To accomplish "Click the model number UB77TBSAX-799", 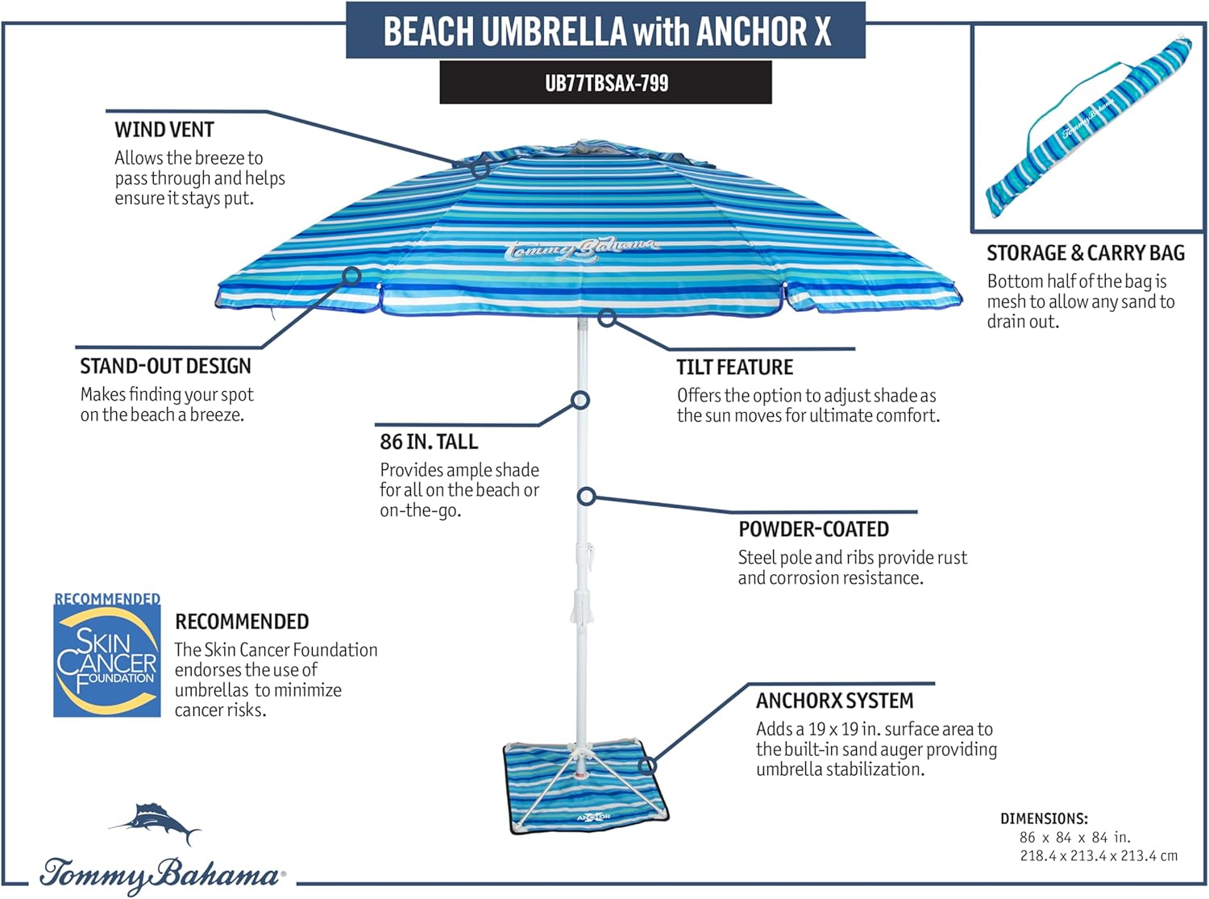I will pyautogui.click(x=606, y=83).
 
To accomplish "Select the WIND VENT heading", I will pyautogui.click(x=164, y=130).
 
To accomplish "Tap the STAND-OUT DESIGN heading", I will pyautogui.click(x=165, y=366).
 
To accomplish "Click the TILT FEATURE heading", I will pyautogui.click(x=734, y=368).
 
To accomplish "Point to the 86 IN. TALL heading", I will pyautogui.click(x=429, y=442).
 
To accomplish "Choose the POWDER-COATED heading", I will pyautogui.click(x=813, y=530).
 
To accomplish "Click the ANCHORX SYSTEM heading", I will pyautogui.click(x=834, y=701).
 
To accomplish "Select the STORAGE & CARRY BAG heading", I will pyautogui.click(x=1086, y=253).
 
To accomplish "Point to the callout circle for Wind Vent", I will pyautogui.click(x=480, y=169).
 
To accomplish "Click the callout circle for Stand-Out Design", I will pyautogui.click(x=351, y=276).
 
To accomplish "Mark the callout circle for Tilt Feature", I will pyautogui.click(x=608, y=318).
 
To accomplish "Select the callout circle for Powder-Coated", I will pyautogui.click(x=587, y=497).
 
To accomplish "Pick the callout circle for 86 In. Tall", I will pyautogui.click(x=580, y=400).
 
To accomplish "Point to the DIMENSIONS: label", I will pyautogui.click(x=1044, y=818).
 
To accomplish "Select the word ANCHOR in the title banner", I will pyautogui.click(x=750, y=31).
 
